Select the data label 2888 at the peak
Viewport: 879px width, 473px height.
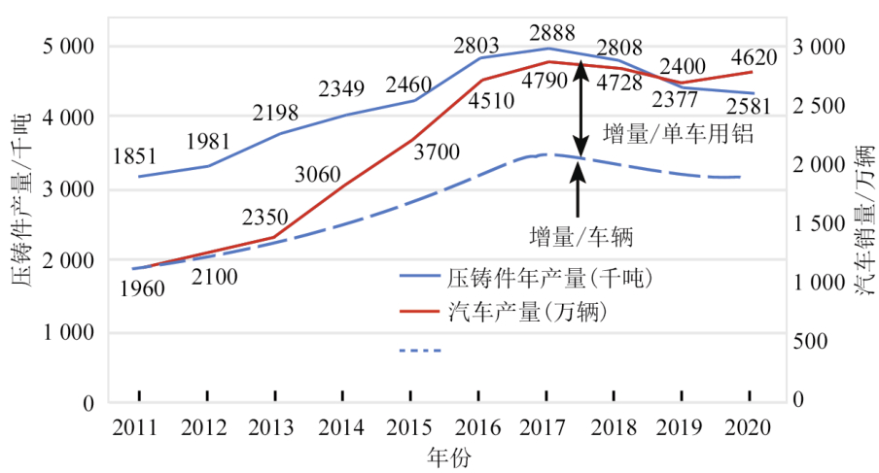point(547,28)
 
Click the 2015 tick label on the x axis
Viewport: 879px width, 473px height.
point(411,427)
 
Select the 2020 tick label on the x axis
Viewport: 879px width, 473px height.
point(751,427)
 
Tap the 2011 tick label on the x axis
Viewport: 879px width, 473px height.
point(139,427)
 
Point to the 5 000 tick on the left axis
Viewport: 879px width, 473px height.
point(65,47)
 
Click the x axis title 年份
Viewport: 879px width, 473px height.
point(445,456)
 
